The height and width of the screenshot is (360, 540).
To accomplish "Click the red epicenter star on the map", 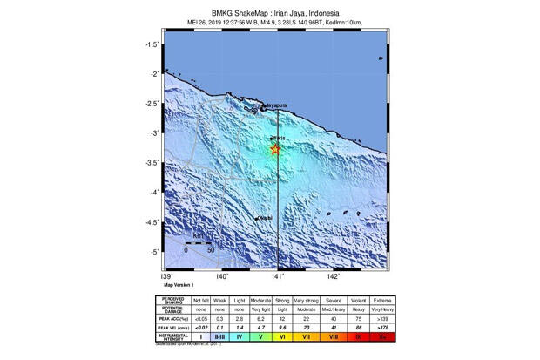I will tap(276, 150).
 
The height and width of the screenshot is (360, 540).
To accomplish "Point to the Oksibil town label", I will tap(264, 218).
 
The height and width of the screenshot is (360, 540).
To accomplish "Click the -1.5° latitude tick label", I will tap(152, 44).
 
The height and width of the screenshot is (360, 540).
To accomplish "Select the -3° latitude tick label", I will tap(153, 133).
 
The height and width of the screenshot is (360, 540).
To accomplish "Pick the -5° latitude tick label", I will tap(153, 252).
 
